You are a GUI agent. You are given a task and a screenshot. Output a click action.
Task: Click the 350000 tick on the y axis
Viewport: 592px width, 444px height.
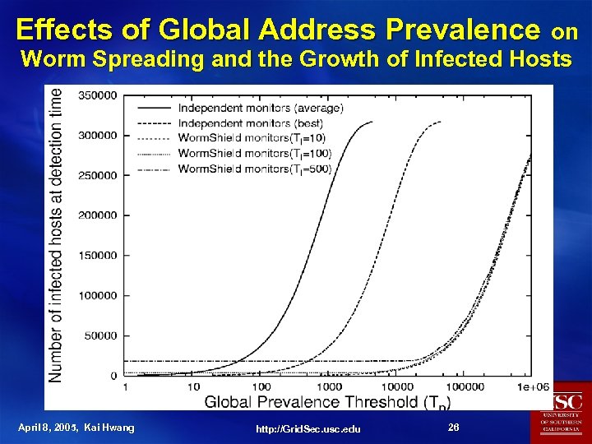click(97, 95)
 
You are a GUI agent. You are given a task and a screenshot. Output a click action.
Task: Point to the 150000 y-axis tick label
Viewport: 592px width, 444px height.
click(97, 256)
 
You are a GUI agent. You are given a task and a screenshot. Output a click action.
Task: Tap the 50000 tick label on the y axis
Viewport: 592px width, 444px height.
click(99, 335)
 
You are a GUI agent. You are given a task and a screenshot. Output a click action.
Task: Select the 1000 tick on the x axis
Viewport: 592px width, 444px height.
click(328, 386)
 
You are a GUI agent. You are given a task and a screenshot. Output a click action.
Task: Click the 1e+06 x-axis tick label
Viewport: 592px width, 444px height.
click(534, 386)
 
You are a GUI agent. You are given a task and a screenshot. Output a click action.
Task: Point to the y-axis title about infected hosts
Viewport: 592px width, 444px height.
click(56, 234)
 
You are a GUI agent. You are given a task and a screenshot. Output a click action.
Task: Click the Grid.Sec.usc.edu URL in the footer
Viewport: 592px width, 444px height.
click(308, 428)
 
